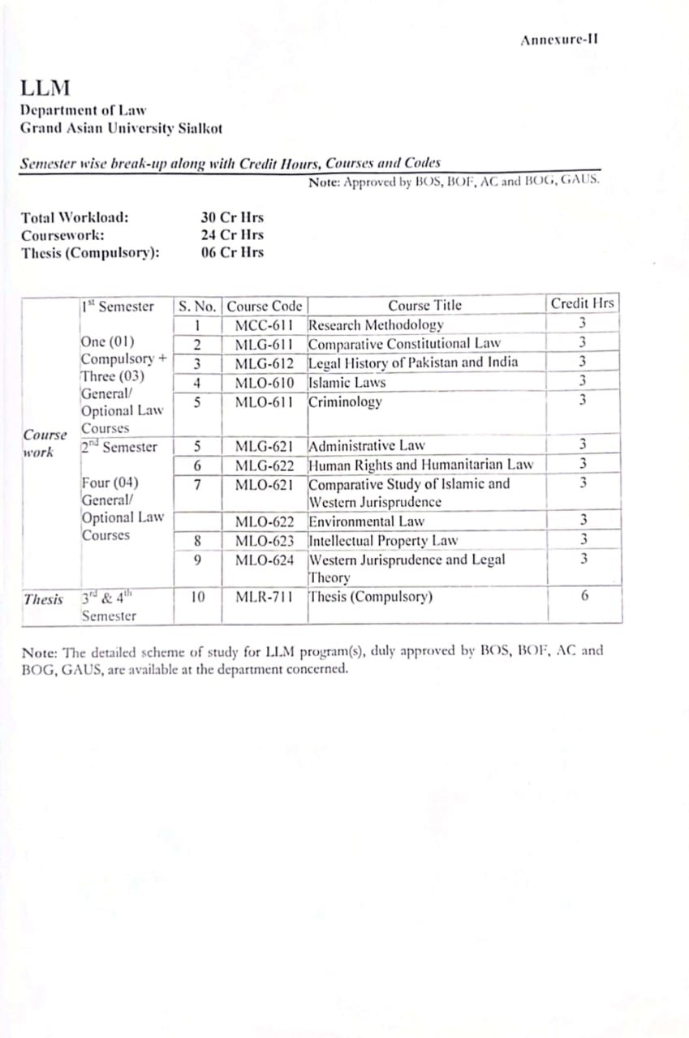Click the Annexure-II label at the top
tap(559, 40)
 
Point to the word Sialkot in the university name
tap(200, 128)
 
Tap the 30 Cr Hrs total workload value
tap(232, 217)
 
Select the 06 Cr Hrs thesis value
tap(232, 252)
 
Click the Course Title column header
tap(424, 306)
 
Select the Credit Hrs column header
tap(582, 304)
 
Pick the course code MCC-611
tap(264, 325)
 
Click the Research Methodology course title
tap(376, 325)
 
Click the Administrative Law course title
tap(366, 446)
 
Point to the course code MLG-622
tap(264, 465)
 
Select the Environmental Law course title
tap(366, 521)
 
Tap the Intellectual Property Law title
tap(383, 540)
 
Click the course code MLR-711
tap(264, 598)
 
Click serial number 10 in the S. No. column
tap(197, 598)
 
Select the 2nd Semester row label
tap(119, 447)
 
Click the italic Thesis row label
tap(43, 599)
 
